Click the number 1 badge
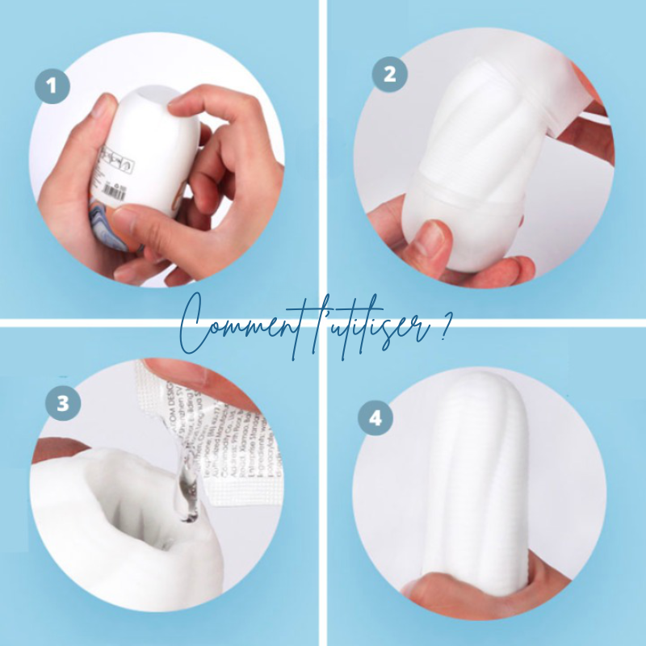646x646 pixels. click(x=52, y=86)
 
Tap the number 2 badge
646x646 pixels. click(x=389, y=74)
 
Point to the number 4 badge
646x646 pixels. click(x=375, y=420)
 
